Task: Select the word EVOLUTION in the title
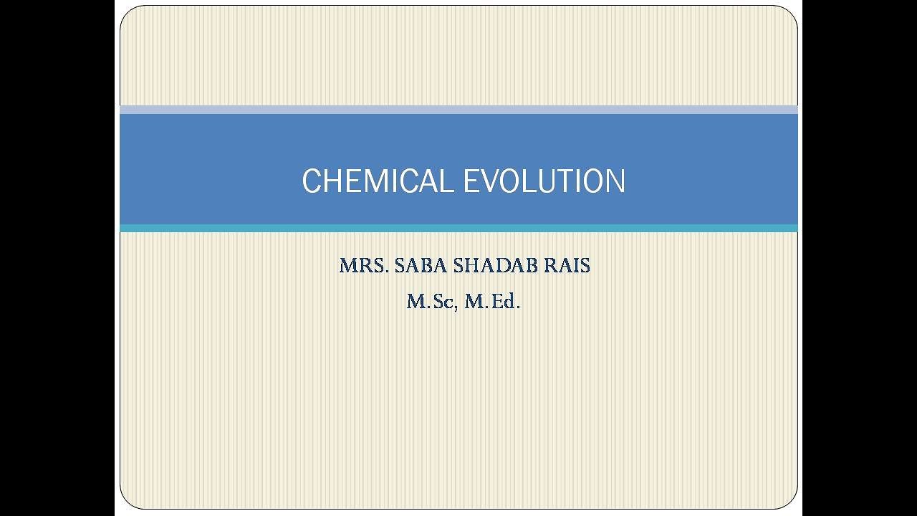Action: (544, 181)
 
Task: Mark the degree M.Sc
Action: (429, 302)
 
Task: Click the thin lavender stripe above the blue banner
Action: (458, 110)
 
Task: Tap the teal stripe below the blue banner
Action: (458, 228)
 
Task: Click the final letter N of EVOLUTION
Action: (615, 181)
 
